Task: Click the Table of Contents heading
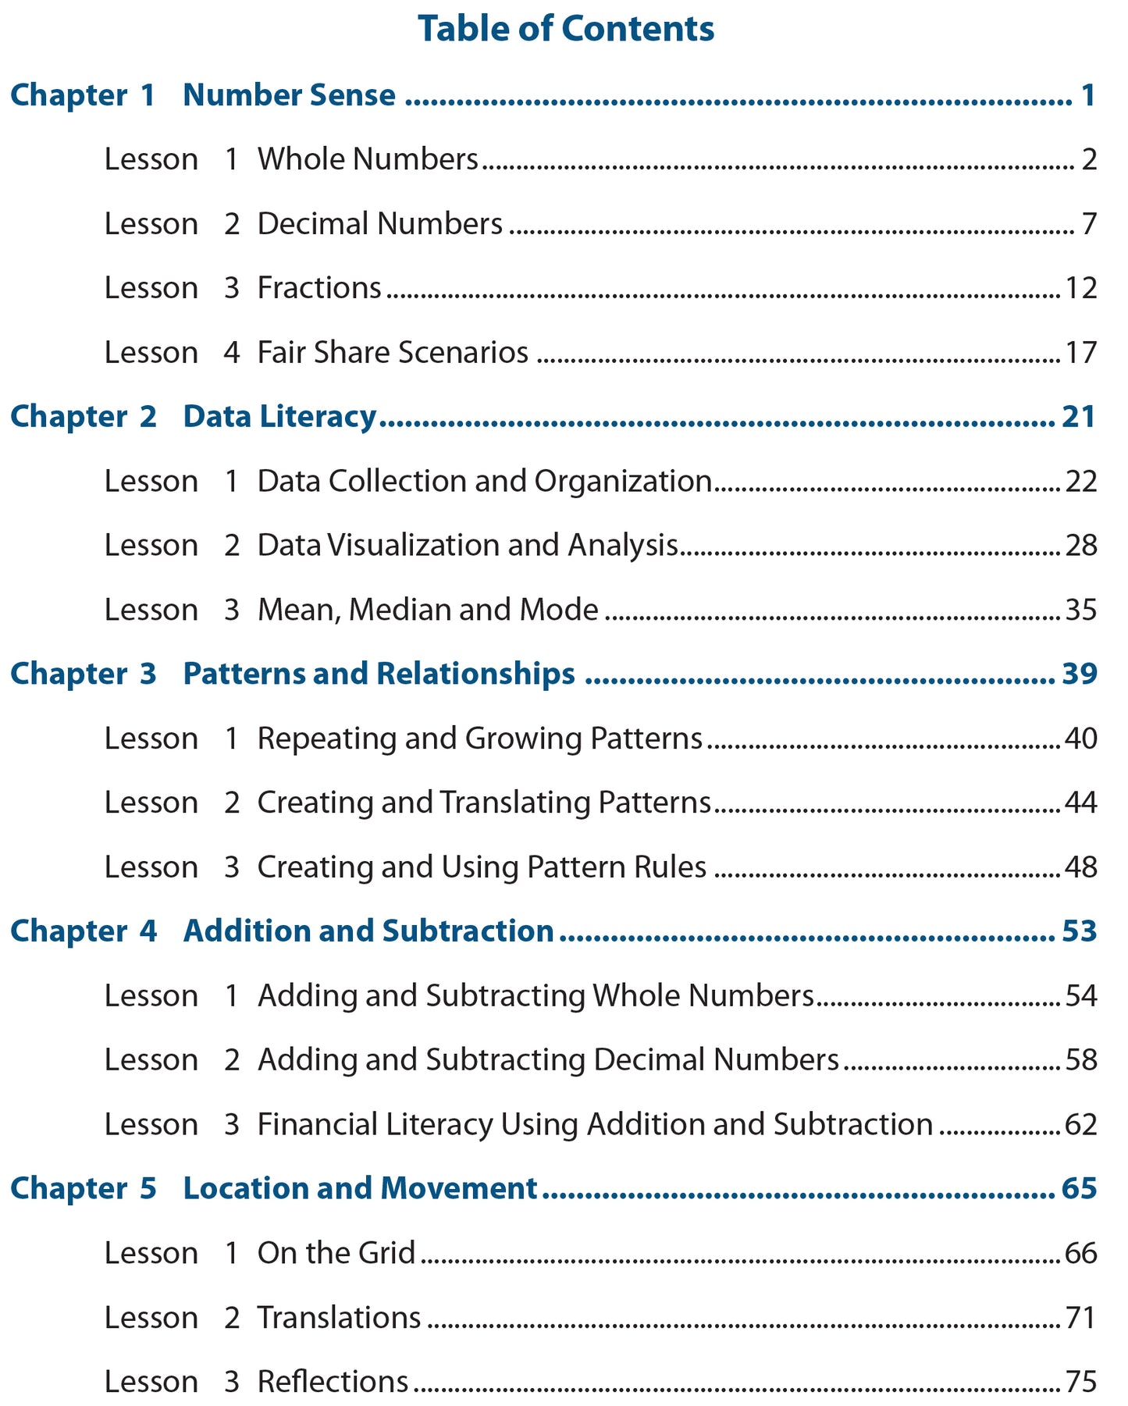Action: click(566, 29)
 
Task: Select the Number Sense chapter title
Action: click(289, 95)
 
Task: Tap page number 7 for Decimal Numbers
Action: click(1089, 224)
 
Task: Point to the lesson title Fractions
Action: click(319, 288)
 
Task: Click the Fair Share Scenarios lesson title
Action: click(393, 353)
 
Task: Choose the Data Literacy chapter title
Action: click(279, 417)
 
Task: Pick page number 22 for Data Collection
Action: click(1081, 482)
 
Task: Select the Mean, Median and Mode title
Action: click(428, 610)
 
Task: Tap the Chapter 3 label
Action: click(84, 674)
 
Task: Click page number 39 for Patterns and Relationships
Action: click(1080, 674)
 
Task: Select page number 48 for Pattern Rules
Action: click(1081, 867)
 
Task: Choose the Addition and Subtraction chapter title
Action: click(368, 931)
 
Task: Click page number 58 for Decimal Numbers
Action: click(1081, 1060)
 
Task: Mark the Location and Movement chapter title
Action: click(360, 1188)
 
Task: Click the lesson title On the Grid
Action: click(336, 1253)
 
